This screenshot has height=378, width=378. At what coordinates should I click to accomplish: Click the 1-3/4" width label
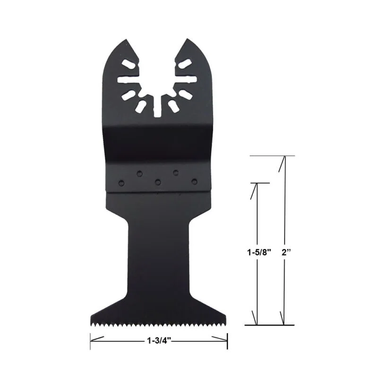[159, 339]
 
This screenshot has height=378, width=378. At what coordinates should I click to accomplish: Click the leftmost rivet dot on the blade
[121, 181]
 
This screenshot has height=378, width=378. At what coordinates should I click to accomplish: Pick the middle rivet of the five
[157, 181]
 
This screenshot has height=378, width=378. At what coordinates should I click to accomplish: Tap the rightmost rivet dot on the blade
[194, 180]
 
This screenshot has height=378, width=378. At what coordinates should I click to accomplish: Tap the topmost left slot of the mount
[129, 64]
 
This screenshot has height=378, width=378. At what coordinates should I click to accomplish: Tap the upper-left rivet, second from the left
[139, 173]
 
